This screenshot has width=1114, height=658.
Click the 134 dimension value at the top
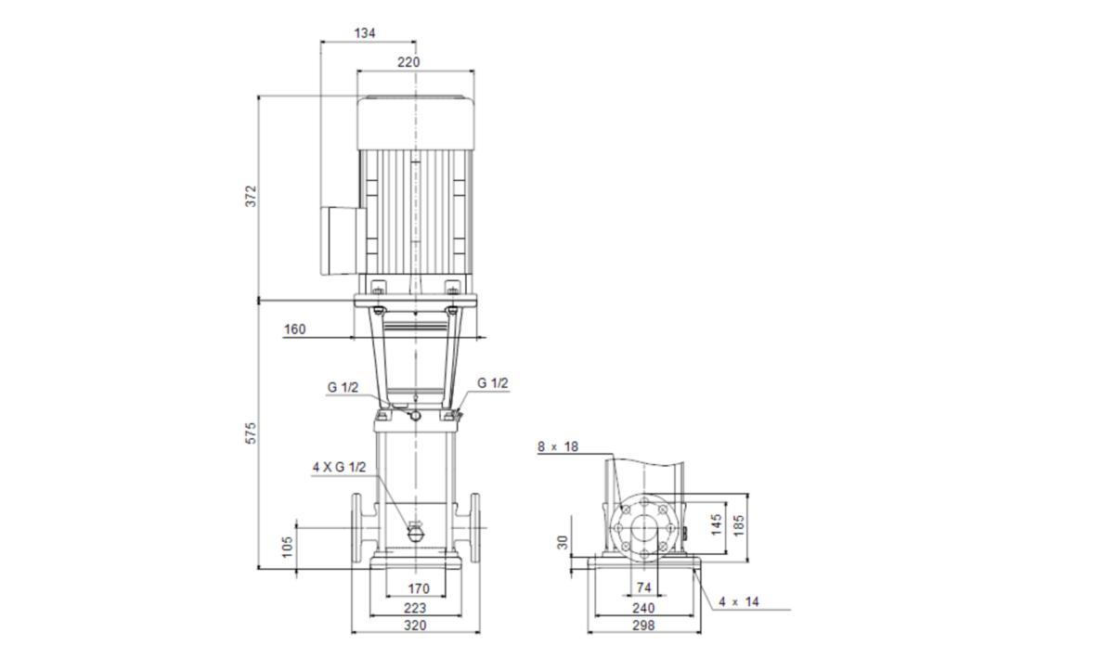point(365,33)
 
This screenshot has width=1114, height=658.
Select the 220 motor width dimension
point(408,62)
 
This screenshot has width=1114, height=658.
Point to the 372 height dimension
point(252,196)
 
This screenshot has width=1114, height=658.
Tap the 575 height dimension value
point(252,433)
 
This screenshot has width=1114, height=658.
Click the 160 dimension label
point(295,329)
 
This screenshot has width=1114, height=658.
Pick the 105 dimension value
point(288,547)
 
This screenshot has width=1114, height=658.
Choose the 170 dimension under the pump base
point(419,589)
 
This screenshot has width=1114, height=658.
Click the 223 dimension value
point(415,608)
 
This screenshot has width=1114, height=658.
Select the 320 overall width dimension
point(415,626)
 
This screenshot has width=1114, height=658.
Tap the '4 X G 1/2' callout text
point(339,468)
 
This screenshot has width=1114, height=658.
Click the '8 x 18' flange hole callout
point(558,446)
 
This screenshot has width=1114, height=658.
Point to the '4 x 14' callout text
point(739,601)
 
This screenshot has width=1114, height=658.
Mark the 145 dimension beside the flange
point(717,524)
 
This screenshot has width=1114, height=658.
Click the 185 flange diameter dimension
point(739,525)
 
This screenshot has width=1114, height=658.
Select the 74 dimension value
point(644,587)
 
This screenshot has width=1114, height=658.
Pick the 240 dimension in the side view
point(643,608)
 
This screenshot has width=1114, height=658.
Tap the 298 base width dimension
point(643,626)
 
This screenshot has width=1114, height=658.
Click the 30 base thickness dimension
point(563,542)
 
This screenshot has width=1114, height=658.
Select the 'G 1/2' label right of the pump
point(493,383)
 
